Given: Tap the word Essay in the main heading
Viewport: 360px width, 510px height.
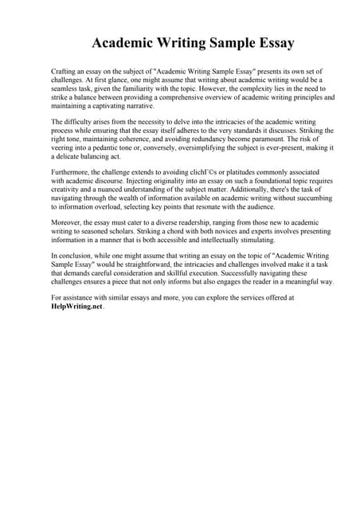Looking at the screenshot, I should [267, 42].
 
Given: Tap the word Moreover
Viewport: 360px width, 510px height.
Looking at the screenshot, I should [68, 222].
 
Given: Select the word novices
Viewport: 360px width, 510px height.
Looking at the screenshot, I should [209, 231].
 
